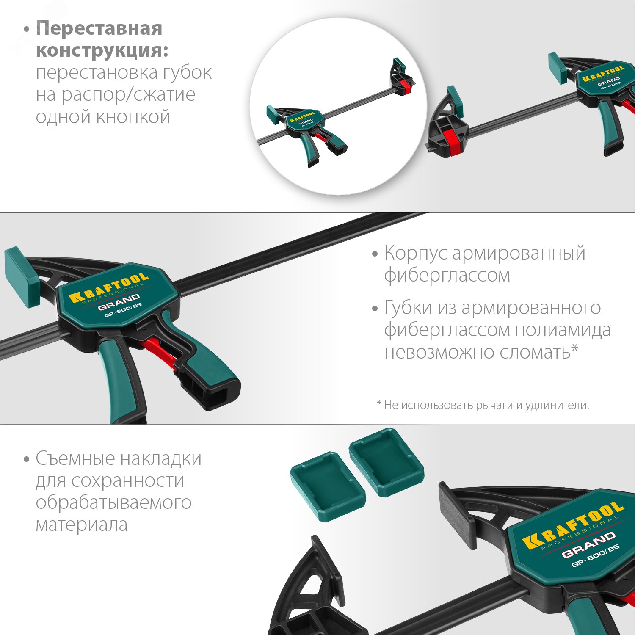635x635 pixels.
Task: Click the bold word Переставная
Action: [x=99, y=29]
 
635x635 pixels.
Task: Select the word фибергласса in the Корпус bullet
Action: [x=447, y=275]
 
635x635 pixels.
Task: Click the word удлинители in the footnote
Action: [x=557, y=405]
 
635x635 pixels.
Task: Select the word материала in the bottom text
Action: [x=82, y=525]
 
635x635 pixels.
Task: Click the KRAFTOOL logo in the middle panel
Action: [x=109, y=288]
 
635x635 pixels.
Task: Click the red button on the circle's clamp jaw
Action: [x=406, y=86]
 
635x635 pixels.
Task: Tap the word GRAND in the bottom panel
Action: [x=588, y=544]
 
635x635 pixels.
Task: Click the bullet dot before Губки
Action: [x=375, y=309]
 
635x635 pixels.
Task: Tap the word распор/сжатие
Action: [x=128, y=95]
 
